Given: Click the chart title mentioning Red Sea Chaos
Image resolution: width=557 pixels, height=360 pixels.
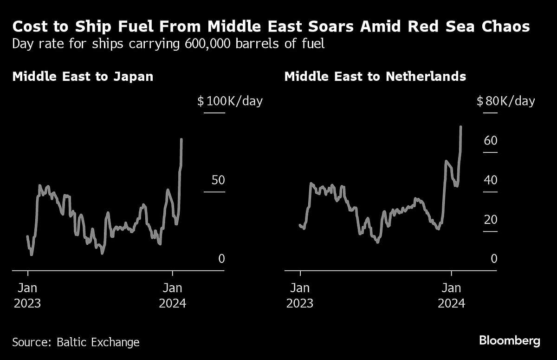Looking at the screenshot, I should tap(271, 27).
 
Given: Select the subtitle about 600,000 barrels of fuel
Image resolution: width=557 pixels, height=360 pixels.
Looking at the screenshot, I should tap(168, 44).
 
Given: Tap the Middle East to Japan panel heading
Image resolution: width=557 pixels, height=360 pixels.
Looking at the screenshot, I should tap(83, 76).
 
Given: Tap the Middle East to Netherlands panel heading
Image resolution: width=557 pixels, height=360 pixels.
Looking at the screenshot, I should tap(375, 76).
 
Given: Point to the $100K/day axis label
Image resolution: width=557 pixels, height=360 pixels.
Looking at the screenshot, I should tap(230, 101).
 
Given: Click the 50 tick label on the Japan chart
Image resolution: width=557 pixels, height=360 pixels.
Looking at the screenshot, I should tap(218, 180).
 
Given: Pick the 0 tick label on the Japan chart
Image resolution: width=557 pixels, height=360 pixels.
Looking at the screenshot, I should tap(221, 259).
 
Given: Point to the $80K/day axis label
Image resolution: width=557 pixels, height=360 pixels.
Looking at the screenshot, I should tap(505, 101).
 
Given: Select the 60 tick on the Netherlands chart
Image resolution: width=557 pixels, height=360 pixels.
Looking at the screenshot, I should tap(490, 141).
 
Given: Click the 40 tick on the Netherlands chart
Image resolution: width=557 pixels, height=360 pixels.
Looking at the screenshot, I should tap(490, 180).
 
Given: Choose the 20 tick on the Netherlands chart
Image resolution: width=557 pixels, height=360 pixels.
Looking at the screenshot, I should tap(490, 219).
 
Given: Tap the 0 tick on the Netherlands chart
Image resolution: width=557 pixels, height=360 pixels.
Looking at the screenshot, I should tap(493, 259).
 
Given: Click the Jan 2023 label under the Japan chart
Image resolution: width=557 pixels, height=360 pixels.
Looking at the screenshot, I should tap(27, 295).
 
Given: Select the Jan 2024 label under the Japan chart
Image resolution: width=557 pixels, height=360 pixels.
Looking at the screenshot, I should tap(172, 295).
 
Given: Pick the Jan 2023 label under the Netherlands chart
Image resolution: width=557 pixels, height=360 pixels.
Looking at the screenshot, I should tap(300, 295).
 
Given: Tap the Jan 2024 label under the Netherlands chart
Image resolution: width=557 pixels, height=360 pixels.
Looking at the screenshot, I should tap(451, 295).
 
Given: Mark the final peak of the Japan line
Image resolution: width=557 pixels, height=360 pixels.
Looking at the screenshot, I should tap(181, 139).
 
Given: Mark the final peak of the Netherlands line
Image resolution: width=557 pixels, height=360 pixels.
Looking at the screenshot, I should tap(460, 126).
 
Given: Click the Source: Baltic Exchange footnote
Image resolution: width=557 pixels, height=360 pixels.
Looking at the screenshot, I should tap(76, 342).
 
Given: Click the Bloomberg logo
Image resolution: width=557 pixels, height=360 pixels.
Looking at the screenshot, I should tap(509, 340).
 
